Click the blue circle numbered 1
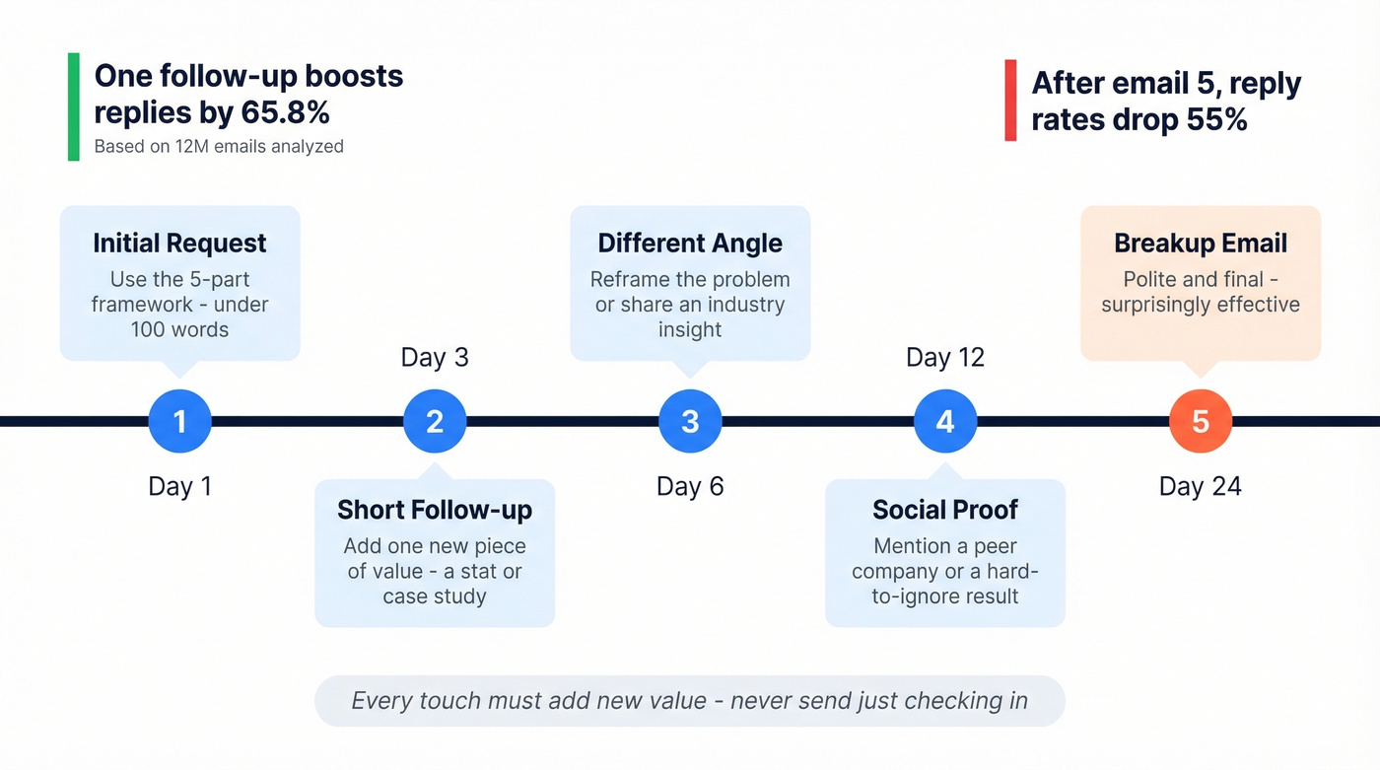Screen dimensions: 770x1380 pos(179,422)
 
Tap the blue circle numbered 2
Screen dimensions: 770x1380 pos(435,422)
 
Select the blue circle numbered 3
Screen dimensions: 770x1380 pos(690,422)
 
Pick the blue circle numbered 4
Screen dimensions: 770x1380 pos(945,422)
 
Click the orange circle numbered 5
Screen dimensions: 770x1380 pos(1201,422)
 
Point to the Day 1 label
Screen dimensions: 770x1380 pos(179,486)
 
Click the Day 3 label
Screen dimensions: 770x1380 pos(435,357)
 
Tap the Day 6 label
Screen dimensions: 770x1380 pos(690,486)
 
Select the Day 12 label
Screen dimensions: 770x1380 pos(945,357)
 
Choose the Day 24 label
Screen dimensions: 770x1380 pos(1201,486)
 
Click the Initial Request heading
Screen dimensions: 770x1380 pos(179,244)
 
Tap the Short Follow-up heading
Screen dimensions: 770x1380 pos(435,510)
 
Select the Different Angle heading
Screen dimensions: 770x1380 pos(690,244)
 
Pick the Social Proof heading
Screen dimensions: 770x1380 pos(945,510)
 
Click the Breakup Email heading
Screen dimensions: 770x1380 pos(1201,244)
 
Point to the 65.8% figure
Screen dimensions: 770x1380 pos(285,113)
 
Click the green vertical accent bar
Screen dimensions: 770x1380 pos(73,106)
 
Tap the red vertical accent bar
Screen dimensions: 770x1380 pos(1010,101)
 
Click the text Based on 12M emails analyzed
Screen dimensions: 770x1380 pos(219,147)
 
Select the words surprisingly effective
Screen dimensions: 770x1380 pos(1201,305)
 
